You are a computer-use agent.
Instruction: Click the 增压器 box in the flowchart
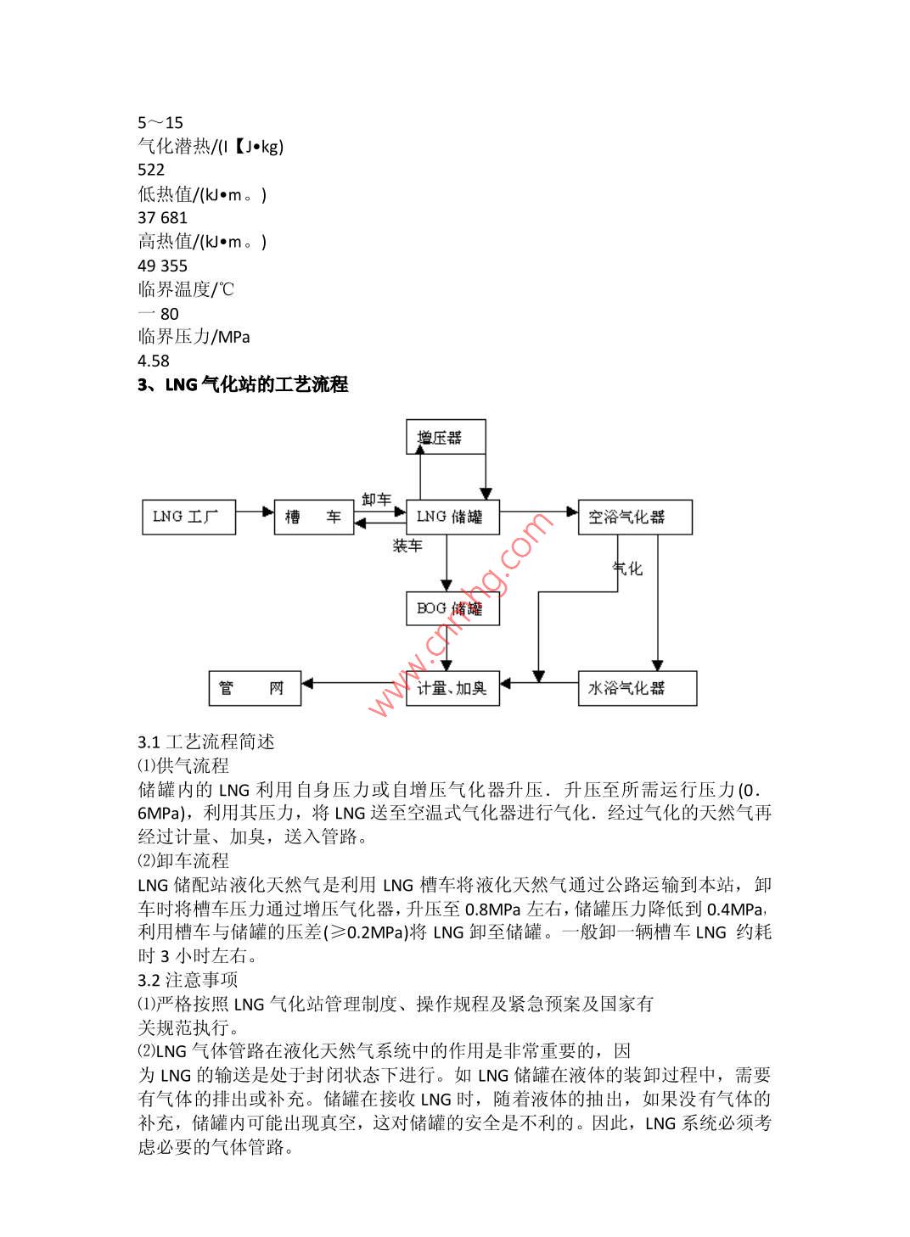tap(446, 438)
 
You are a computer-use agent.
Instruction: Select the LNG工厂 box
tap(188, 517)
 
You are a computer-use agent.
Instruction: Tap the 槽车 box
tap(313, 517)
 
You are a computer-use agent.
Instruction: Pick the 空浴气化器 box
tap(634, 517)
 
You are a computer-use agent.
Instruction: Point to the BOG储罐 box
tap(452, 608)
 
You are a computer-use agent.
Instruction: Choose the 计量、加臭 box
tap(452, 687)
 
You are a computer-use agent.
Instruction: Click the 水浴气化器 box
tap(637, 688)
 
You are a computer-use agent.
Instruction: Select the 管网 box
tap(255, 688)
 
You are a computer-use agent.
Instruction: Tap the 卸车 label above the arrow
tap(376, 499)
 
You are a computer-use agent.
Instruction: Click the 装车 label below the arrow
tap(407, 546)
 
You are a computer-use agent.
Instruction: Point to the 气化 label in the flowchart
tap(628, 568)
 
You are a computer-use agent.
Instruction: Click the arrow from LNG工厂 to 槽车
tap(255, 512)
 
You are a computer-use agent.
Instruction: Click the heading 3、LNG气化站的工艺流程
tap(243, 384)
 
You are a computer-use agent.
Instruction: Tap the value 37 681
tap(162, 218)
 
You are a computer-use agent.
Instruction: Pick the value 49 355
tap(162, 266)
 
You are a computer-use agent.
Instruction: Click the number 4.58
tap(154, 361)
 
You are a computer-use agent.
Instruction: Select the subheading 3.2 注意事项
tap(188, 980)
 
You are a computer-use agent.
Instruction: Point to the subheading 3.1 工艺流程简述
tap(206, 742)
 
